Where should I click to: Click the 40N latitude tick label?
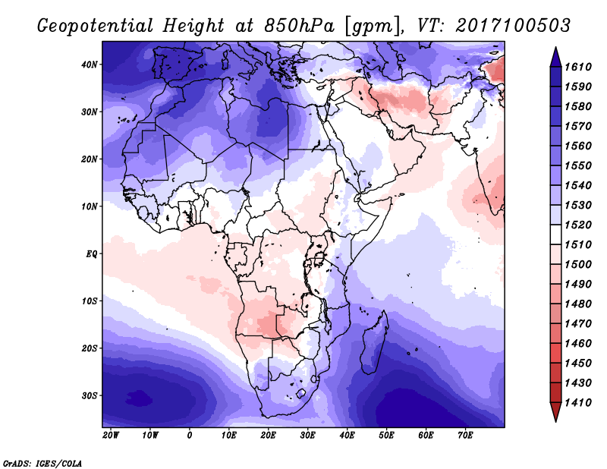[90, 65]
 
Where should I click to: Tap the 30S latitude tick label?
[90, 395]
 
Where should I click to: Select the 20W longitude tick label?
[111, 436]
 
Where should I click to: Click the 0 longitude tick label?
[190, 436]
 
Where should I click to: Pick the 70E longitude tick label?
[465, 436]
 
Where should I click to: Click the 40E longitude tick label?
[347, 436]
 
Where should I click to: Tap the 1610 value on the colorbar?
[578, 67]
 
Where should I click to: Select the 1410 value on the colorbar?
[578, 402]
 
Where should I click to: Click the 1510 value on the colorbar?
[578, 244]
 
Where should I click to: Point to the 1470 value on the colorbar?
[578, 323]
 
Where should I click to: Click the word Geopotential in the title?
[96, 26]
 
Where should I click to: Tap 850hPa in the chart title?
[299, 26]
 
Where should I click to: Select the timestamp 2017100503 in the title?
[513, 25]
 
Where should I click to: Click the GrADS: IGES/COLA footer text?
[42, 464]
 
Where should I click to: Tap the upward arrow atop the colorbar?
[556, 57]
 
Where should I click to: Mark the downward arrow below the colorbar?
[556, 412]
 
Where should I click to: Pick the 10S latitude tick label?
[90, 301]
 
